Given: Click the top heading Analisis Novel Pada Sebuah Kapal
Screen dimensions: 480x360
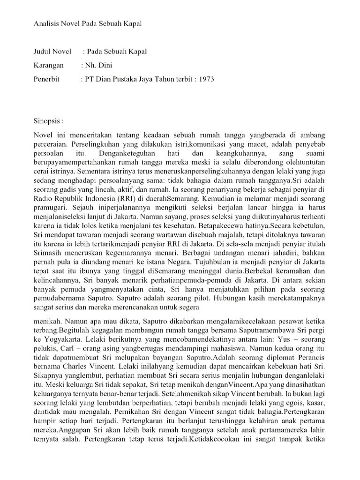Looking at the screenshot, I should pyautogui.click(x=87, y=23).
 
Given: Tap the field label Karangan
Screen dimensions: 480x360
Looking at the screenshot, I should pyautogui.click(x=48, y=66).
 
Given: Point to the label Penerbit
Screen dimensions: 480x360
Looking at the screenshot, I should pyautogui.click(x=47, y=79).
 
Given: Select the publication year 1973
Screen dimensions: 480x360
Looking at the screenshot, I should pyautogui.click(x=206, y=79).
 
